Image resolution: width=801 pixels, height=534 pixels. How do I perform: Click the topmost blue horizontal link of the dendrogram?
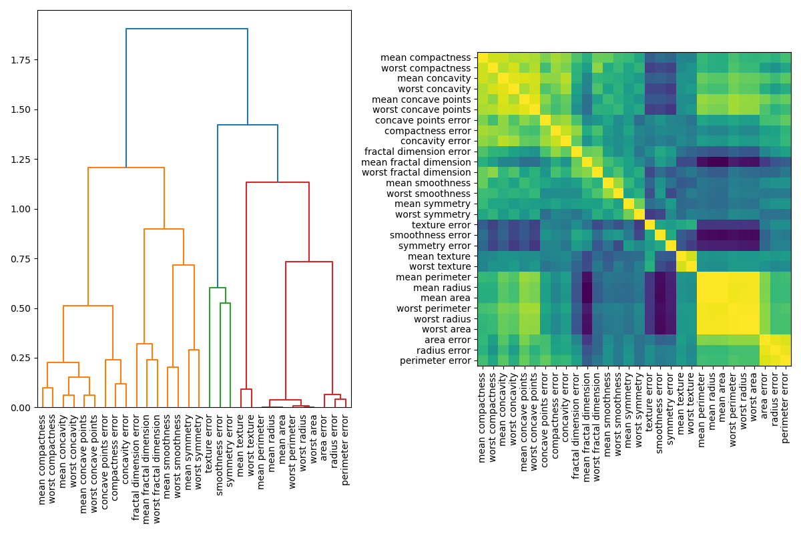pyautogui.click(x=187, y=29)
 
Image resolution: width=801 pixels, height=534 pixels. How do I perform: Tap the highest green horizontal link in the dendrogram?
pyautogui.click(x=218, y=288)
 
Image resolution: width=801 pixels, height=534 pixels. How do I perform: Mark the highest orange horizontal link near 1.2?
pyautogui.click(x=126, y=168)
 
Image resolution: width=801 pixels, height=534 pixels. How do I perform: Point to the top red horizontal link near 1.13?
pyautogui.click(x=278, y=182)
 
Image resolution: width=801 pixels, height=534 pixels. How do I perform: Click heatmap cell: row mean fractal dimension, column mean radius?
pyautogui.click(x=712, y=162)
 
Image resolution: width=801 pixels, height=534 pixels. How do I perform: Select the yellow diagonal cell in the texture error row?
pyautogui.click(x=649, y=224)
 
